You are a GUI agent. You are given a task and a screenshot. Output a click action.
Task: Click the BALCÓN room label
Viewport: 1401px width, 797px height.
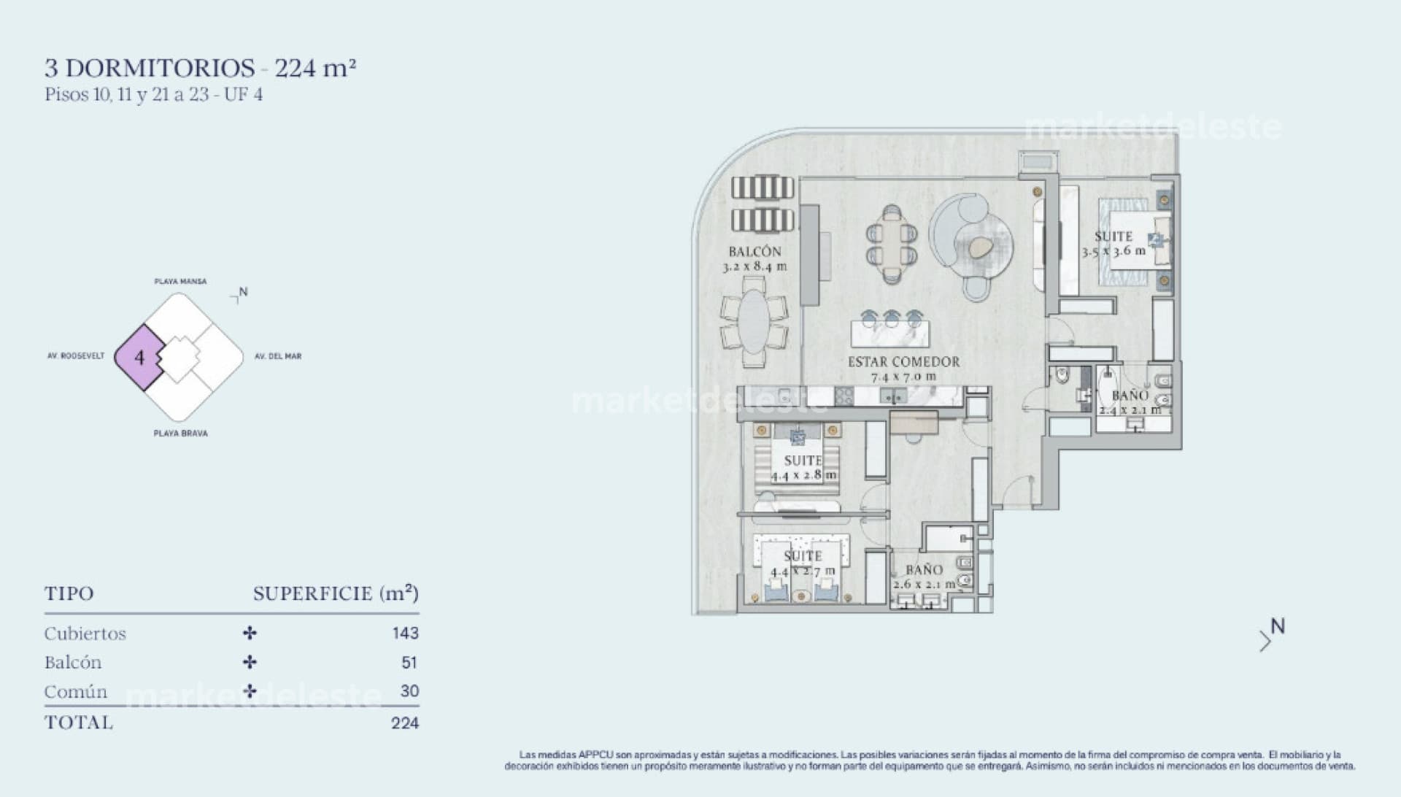[754, 252]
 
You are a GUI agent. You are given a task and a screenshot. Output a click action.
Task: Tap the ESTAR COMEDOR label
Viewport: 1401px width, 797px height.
[903, 362]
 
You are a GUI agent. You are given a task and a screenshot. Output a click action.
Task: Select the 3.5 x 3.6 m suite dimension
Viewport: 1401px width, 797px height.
[1114, 251]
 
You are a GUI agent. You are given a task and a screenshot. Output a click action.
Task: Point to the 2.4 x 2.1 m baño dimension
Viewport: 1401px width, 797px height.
[1130, 410]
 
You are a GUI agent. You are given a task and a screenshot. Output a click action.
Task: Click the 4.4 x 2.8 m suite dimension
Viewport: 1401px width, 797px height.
[803, 476]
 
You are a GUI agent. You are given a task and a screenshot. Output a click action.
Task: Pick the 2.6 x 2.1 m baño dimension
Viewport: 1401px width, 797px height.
[924, 585]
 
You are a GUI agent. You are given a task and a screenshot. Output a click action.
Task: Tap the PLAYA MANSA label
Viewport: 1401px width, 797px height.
[180, 281]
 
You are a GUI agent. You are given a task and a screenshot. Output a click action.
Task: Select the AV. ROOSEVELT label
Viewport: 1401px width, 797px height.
[76, 356]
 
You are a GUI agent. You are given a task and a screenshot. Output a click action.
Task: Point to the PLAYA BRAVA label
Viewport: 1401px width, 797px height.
[180, 434]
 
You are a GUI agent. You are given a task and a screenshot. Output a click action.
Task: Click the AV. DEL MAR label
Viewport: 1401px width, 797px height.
[278, 356]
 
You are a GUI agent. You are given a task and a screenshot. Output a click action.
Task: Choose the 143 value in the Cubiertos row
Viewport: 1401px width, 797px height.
[405, 634]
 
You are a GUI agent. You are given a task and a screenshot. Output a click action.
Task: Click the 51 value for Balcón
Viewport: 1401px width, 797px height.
[409, 663]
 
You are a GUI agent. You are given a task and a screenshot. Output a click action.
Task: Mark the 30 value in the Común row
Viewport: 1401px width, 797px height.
[409, 691]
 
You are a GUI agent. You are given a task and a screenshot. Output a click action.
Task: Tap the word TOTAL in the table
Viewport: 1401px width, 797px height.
[79, 723]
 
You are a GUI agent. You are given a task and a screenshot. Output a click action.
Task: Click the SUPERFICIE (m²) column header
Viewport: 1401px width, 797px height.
[336, 593]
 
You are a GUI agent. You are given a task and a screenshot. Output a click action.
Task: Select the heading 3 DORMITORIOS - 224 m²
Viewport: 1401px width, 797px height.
[200, 69]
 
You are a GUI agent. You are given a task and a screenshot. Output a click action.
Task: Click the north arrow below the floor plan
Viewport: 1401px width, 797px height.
[1271, 635]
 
